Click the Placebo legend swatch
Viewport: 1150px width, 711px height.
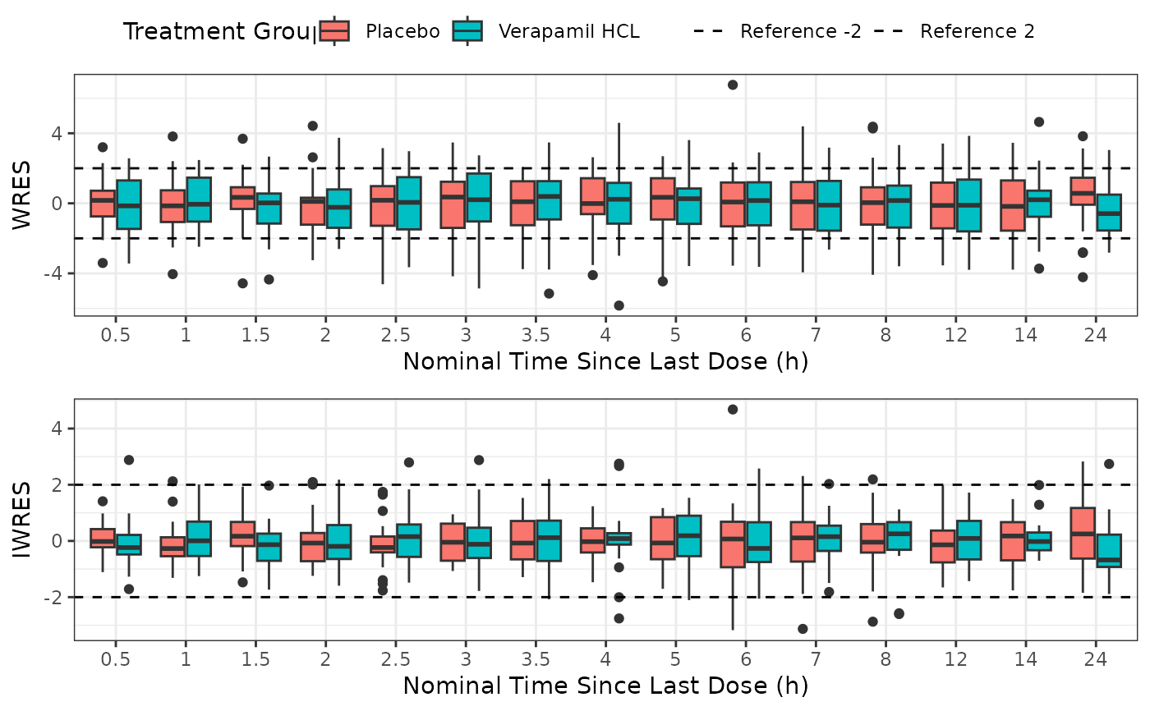(334, 31)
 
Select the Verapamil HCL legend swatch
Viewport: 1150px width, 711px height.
(467, 31)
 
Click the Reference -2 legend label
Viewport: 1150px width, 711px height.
(800, 32)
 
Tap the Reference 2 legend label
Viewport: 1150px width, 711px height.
(977, 32)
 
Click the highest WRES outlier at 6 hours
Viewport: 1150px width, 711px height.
(733, 85)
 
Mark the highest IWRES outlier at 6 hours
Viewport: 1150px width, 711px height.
(733, 409)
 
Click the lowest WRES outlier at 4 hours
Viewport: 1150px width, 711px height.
(619, 305)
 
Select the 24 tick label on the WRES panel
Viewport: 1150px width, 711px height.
(1095, 336)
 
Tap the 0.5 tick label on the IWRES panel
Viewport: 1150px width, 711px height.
(116, 660)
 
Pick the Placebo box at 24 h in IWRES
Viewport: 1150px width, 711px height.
(1083, 533)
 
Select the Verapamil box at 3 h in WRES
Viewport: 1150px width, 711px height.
(479, 197)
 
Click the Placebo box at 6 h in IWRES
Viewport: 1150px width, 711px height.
(733, 544)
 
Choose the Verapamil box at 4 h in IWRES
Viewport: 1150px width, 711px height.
(619, 539)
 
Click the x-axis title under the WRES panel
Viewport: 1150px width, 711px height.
(605, 361)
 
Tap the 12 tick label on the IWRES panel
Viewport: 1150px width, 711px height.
(955, 660)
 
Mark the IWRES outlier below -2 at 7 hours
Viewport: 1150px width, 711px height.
(803, 629)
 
